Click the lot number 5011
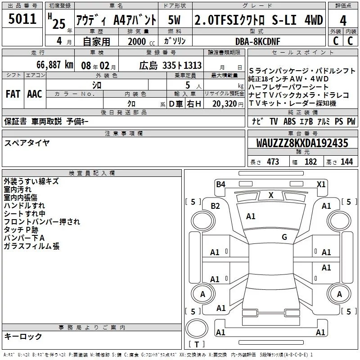[22, 19]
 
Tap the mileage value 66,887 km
[55, 65]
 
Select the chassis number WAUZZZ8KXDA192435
[302, 143]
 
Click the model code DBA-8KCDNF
[257, 41]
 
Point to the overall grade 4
[343, 20]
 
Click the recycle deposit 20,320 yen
[228, 104]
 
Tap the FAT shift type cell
[13, 94]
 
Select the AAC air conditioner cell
[35, 94]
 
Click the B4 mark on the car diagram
[220, 184]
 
